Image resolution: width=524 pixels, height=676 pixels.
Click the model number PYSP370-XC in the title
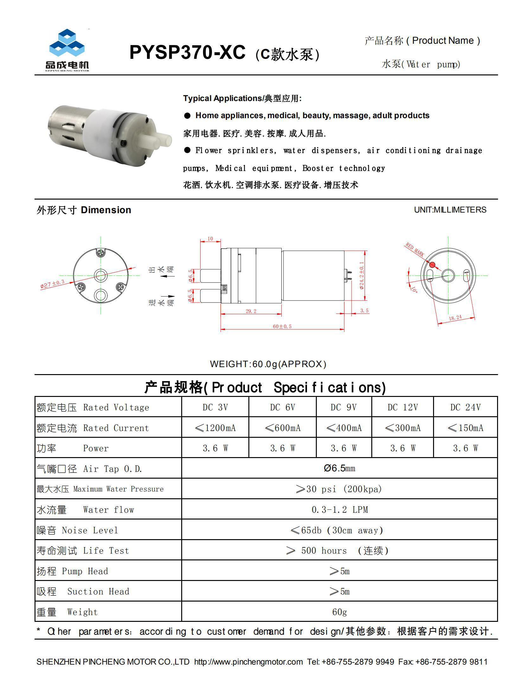187,52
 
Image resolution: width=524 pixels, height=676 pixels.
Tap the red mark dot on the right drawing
432,265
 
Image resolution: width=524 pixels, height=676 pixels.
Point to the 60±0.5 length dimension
282,326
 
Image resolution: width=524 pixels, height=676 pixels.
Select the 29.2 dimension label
251,311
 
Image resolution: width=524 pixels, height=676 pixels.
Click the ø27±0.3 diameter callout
52,284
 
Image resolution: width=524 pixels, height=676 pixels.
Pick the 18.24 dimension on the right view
455,318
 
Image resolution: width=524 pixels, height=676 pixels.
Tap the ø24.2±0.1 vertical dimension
361,275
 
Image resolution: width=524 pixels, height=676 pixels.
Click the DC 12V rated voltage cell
402,407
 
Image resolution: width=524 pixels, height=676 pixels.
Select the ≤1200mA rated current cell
215,428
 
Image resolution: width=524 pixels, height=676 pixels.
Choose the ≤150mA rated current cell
465,428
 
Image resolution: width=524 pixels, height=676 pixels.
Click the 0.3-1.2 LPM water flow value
340,510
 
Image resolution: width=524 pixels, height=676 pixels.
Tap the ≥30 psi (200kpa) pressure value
339,489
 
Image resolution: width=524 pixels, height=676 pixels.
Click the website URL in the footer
248,661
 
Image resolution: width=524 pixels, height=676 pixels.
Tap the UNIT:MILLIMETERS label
450,210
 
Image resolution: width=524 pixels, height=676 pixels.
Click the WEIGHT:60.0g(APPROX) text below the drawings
268,364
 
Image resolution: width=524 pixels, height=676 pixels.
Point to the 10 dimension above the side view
210,239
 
